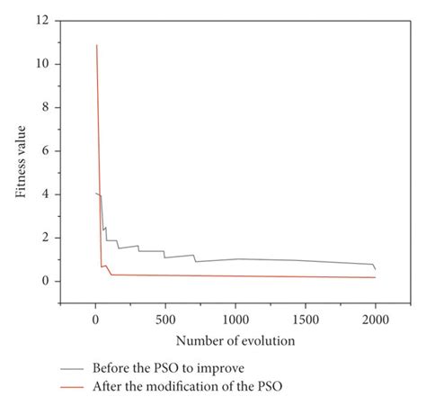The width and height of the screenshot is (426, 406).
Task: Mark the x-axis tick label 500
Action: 165,320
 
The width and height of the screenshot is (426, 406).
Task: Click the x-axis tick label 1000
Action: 235,320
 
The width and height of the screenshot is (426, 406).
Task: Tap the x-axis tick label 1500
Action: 306,320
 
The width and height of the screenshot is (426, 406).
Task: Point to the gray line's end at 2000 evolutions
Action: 375,269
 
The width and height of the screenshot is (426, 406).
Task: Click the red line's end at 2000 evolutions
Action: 375,277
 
